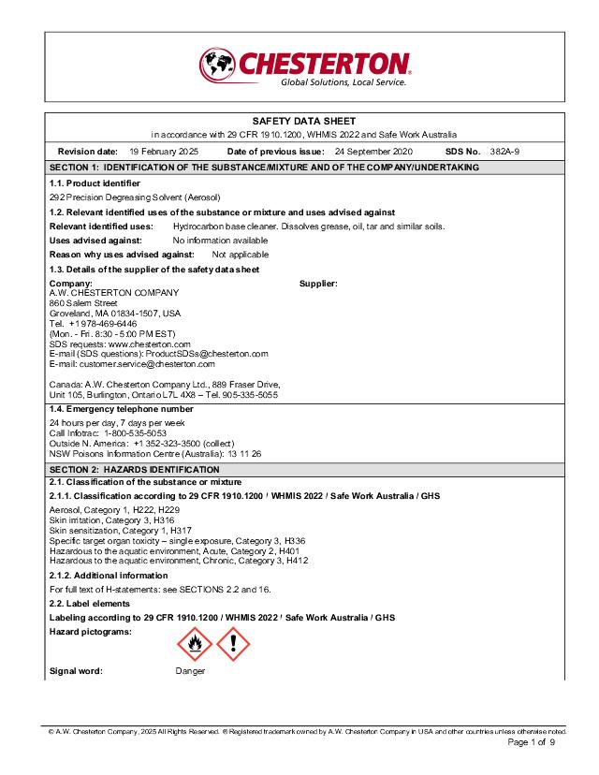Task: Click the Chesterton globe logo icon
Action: [217, 65]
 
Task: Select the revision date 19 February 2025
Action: [164, 151]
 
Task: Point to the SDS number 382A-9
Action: [504, 151]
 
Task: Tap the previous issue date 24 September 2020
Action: [373, 151]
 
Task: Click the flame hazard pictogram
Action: [195, 645]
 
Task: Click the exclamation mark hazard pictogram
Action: [233, 645]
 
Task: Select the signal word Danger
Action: [190, 671]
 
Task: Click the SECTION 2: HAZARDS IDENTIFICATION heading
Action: [134, 469]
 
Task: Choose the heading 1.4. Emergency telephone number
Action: [121, 409]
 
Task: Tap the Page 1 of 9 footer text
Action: [532, 742]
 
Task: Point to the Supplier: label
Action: [318, 283]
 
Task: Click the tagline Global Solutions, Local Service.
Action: [343, 82]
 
